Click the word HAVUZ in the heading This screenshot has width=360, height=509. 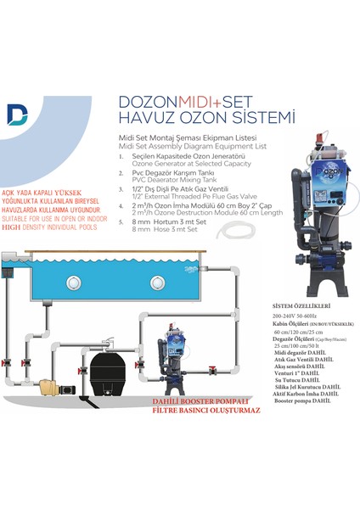(142, 115)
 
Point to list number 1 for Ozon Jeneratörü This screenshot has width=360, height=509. (123, 158)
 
